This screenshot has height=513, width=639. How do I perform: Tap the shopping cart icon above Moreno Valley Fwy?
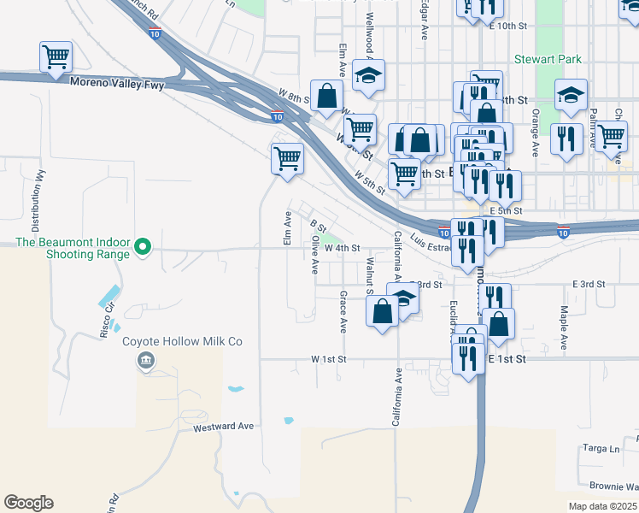[56, 58]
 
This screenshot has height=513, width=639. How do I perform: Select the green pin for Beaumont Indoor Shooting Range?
[144, 248]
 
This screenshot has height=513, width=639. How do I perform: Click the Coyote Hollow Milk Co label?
[183, 341]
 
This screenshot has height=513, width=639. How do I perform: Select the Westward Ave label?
[225, 426]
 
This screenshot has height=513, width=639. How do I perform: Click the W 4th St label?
[342, 248]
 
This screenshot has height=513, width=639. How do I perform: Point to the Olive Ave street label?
[315, 256]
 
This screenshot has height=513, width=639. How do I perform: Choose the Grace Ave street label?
[343, 311]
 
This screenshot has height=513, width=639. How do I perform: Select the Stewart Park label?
[548, 59]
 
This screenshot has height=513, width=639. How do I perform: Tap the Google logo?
[28, 503]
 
